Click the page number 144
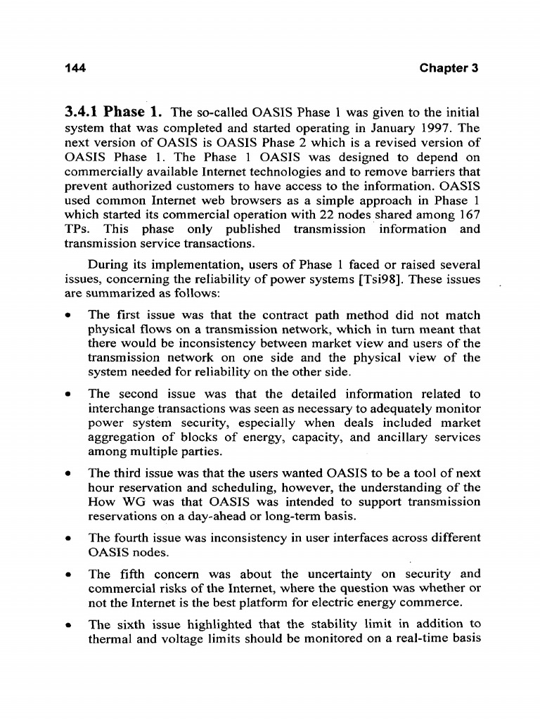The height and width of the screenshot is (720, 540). click(75, 68)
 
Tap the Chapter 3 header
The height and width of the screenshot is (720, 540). click(449, 68)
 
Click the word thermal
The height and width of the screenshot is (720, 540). click(108, 639)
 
